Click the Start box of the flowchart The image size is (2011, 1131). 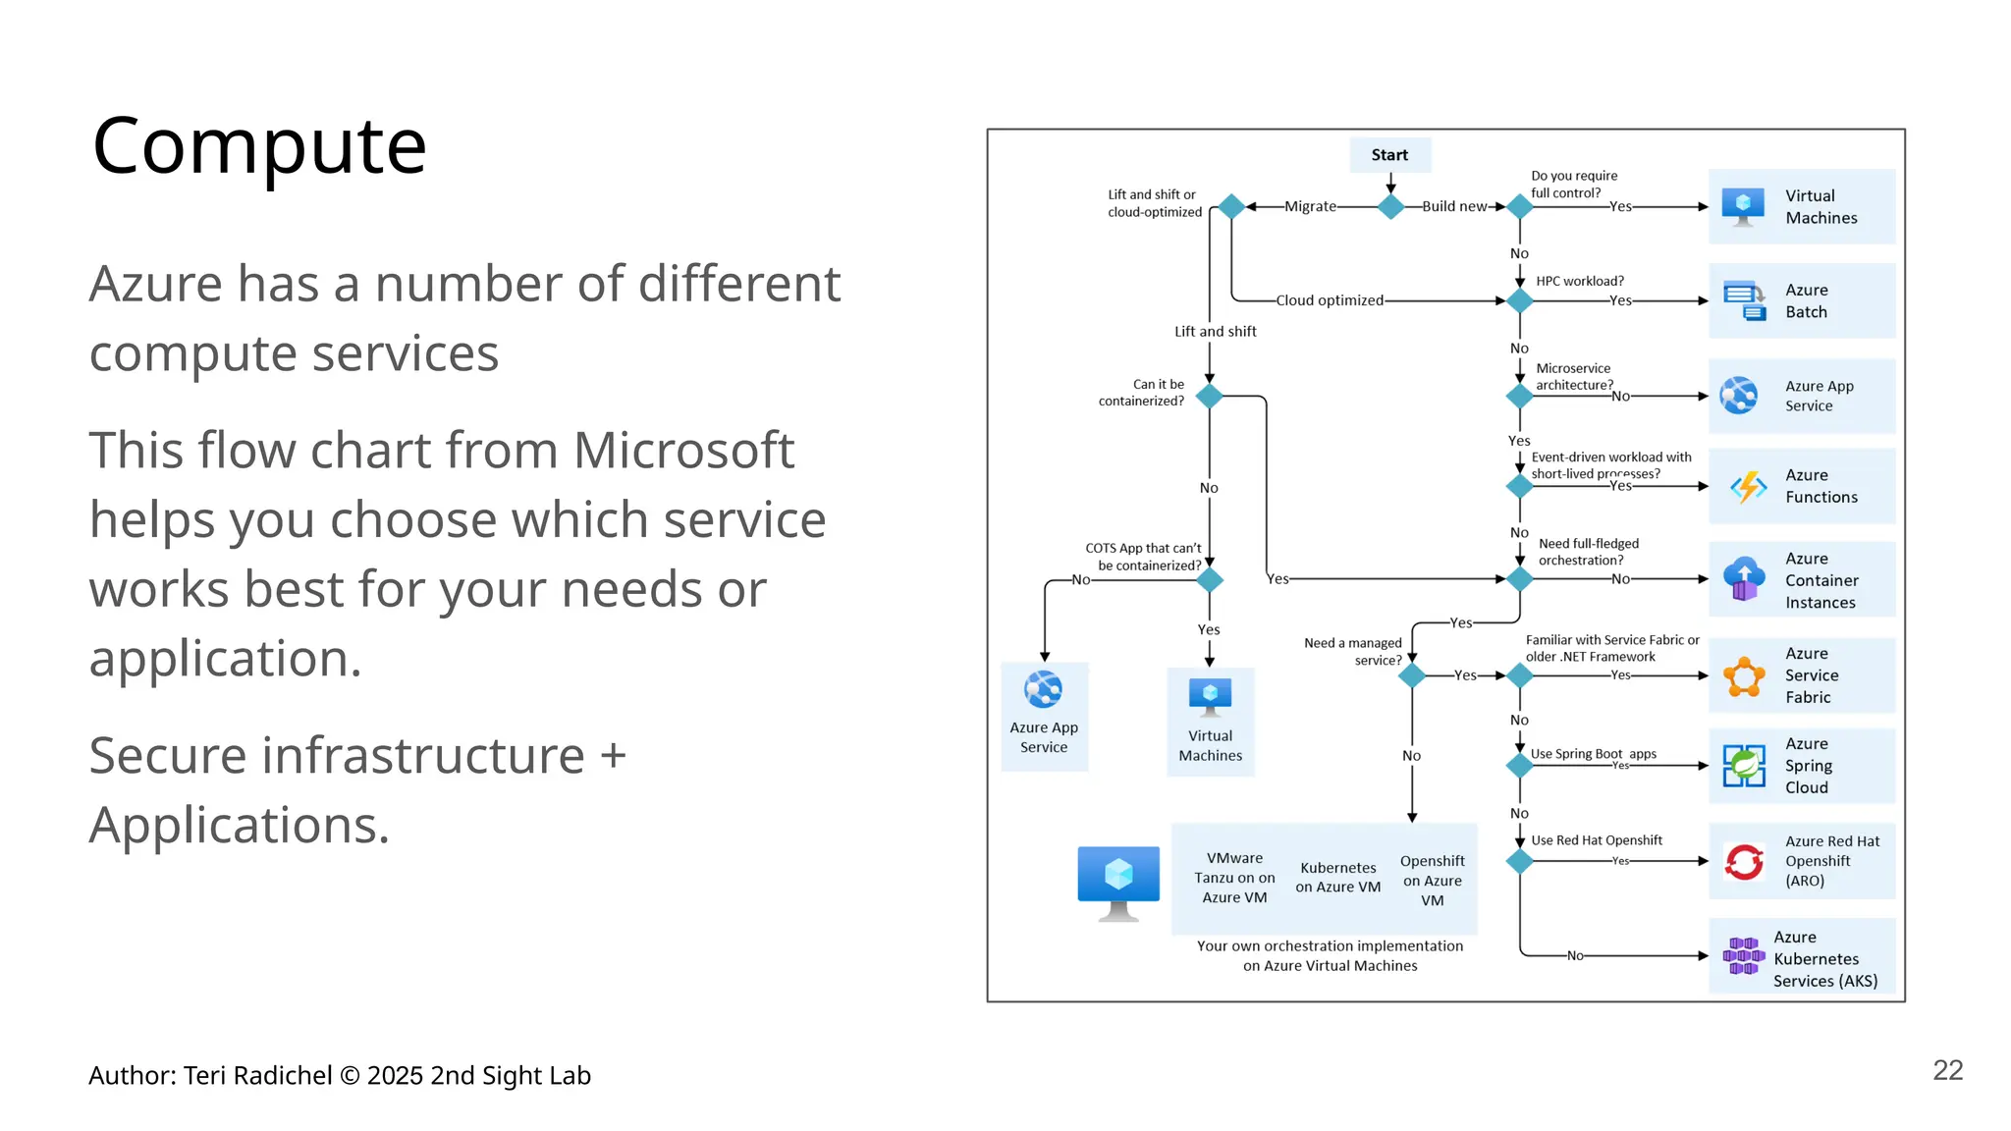pyautogui.click(x=1389, y=155)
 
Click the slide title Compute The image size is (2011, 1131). pyautogui.click(x=259, y=145)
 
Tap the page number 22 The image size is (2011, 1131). pyautogui.click(x=1947, y=1070)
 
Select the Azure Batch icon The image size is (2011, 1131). pyautogui.click(x=1744, y=300)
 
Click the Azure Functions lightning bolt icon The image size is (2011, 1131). pyautogui.click(x=1748, y=486)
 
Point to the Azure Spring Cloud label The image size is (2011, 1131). pyautogui.click(x=1808, y=766)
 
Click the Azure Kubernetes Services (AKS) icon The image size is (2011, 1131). pyautogui.click(x=1743, y=956)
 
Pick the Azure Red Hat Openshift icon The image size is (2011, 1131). pyautogui.click(x=1744, y=862)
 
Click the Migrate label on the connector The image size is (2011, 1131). pyautogui.click(x=1310, y=206)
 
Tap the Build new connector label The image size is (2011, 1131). pyautogui.click(x=1454, y=206)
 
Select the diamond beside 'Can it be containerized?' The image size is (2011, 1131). pyautogui.click(x=1210, y=396)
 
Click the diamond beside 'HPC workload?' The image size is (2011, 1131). pyautogui.click(x=1520, y=300)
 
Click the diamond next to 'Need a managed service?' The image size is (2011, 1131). pyautogui.click(x=1412, y=675)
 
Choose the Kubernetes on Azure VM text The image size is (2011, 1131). pyautogui.click(x=1337, y=878)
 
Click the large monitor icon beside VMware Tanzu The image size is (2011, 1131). pyautogui.click(x=1118, y=882)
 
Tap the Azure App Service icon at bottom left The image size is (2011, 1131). pyautogui.click(x=1043, y=690)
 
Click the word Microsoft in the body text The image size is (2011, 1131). pyautogui.click(x=683, y=451)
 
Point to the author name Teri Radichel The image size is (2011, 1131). pyautogui.click(x=258, y=1076)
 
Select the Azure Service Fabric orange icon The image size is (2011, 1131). pyautogui.click(x=1744, y=676)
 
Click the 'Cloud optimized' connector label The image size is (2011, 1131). pyautogui.click(x=1330, y=300)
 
